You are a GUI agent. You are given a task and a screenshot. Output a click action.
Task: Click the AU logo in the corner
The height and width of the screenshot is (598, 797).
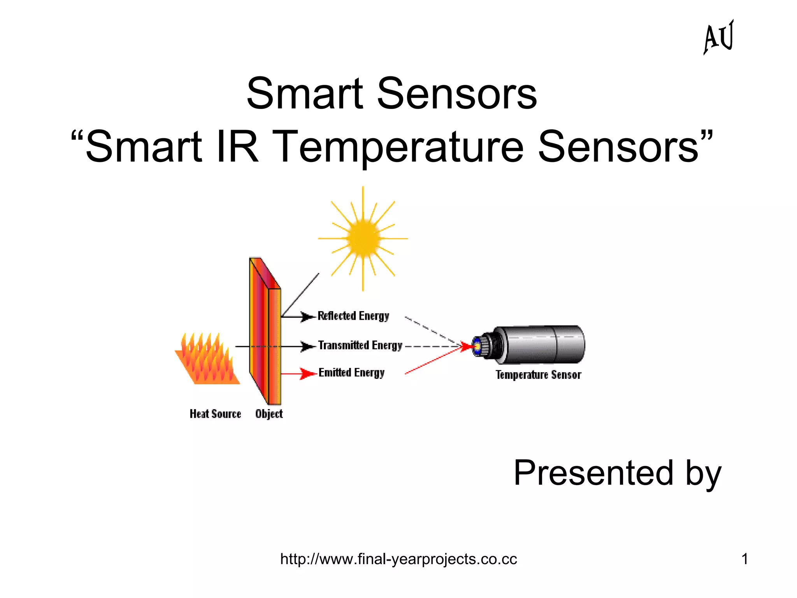click(x=718, y=37)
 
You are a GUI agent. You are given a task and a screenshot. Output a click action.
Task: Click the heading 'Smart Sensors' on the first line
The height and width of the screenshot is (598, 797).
click(x=391, y=93)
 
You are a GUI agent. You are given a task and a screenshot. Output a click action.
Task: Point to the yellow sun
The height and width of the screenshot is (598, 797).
click(x=363, y=238)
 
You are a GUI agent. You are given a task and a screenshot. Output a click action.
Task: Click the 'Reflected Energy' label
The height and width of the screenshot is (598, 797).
click(x=353, y=316)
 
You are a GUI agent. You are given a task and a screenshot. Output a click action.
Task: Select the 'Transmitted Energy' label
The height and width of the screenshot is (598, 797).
click(x=360, y=345)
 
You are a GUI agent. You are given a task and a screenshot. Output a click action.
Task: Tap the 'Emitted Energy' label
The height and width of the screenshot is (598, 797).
click(x=351, y=373)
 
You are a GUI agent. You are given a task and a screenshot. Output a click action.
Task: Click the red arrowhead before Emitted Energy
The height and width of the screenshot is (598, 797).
click(x=308, y=374)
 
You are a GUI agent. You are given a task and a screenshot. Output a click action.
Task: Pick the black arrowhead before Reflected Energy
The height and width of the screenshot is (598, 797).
click(x=307, y=317)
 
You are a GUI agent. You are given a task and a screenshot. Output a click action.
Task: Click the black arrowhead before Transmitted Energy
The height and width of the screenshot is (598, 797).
click(x=307, y=346)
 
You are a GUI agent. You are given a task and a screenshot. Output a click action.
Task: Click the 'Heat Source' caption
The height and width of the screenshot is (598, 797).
click(x=215, y=414)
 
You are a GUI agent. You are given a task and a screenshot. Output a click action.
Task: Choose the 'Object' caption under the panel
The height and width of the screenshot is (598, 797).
click(x=269, y=414)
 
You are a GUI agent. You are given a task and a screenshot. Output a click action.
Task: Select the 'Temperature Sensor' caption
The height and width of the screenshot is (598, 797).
click(x=538, y=375)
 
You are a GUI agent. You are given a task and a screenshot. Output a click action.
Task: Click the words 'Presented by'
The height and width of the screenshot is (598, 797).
click(x=617, y=473)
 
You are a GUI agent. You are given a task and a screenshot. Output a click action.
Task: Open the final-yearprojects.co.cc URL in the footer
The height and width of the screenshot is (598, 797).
click(x=398, y=559)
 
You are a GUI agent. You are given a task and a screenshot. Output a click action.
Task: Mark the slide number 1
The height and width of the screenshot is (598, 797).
click(x=744, y=559)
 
